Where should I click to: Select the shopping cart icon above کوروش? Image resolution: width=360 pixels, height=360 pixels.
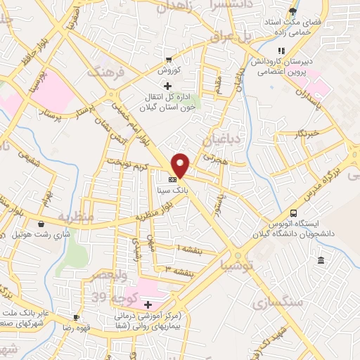[168, 59]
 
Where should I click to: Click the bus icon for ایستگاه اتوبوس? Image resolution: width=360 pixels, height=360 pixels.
[294, 213]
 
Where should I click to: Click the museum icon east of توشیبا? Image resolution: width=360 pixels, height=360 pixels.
[321, 262]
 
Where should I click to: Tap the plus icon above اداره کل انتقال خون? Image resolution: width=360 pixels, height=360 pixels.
[166, 86]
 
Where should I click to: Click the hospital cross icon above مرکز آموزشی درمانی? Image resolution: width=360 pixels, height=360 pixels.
[148, 304]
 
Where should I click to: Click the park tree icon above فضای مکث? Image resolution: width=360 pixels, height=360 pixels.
[293, 11]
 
